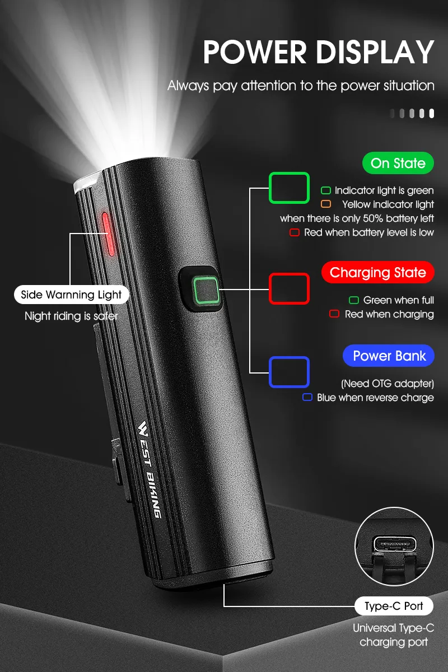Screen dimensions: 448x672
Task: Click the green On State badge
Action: pos(398,163)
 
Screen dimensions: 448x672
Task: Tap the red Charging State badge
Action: pos(378,272)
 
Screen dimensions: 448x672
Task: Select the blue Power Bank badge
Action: pos(389,356)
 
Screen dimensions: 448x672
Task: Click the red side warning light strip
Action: pos(108,234)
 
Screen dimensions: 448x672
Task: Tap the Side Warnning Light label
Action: pos(72,295)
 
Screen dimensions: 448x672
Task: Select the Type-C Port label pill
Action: pos(394,606)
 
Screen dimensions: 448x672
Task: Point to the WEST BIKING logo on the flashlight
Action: pos(150,469)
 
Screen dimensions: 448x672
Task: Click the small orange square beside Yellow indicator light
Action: pos(326,204)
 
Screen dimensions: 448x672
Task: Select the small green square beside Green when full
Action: pos(354,300)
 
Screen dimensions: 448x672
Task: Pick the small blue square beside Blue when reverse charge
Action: pos(307,397)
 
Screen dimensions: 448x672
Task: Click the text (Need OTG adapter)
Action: pos(388,384)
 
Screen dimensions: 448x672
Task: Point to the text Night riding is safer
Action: pos(71,316)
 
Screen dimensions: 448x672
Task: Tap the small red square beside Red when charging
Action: pos(334,314)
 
